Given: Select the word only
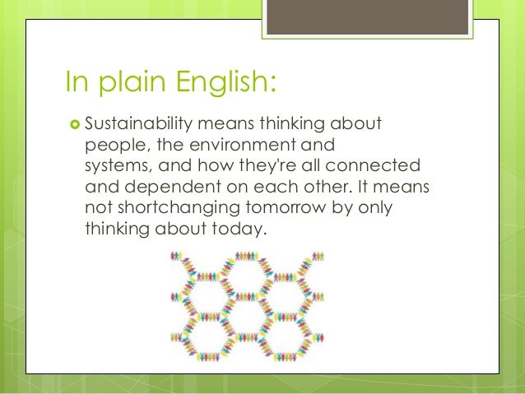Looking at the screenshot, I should (374, 207).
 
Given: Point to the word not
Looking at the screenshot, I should (96, 207).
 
